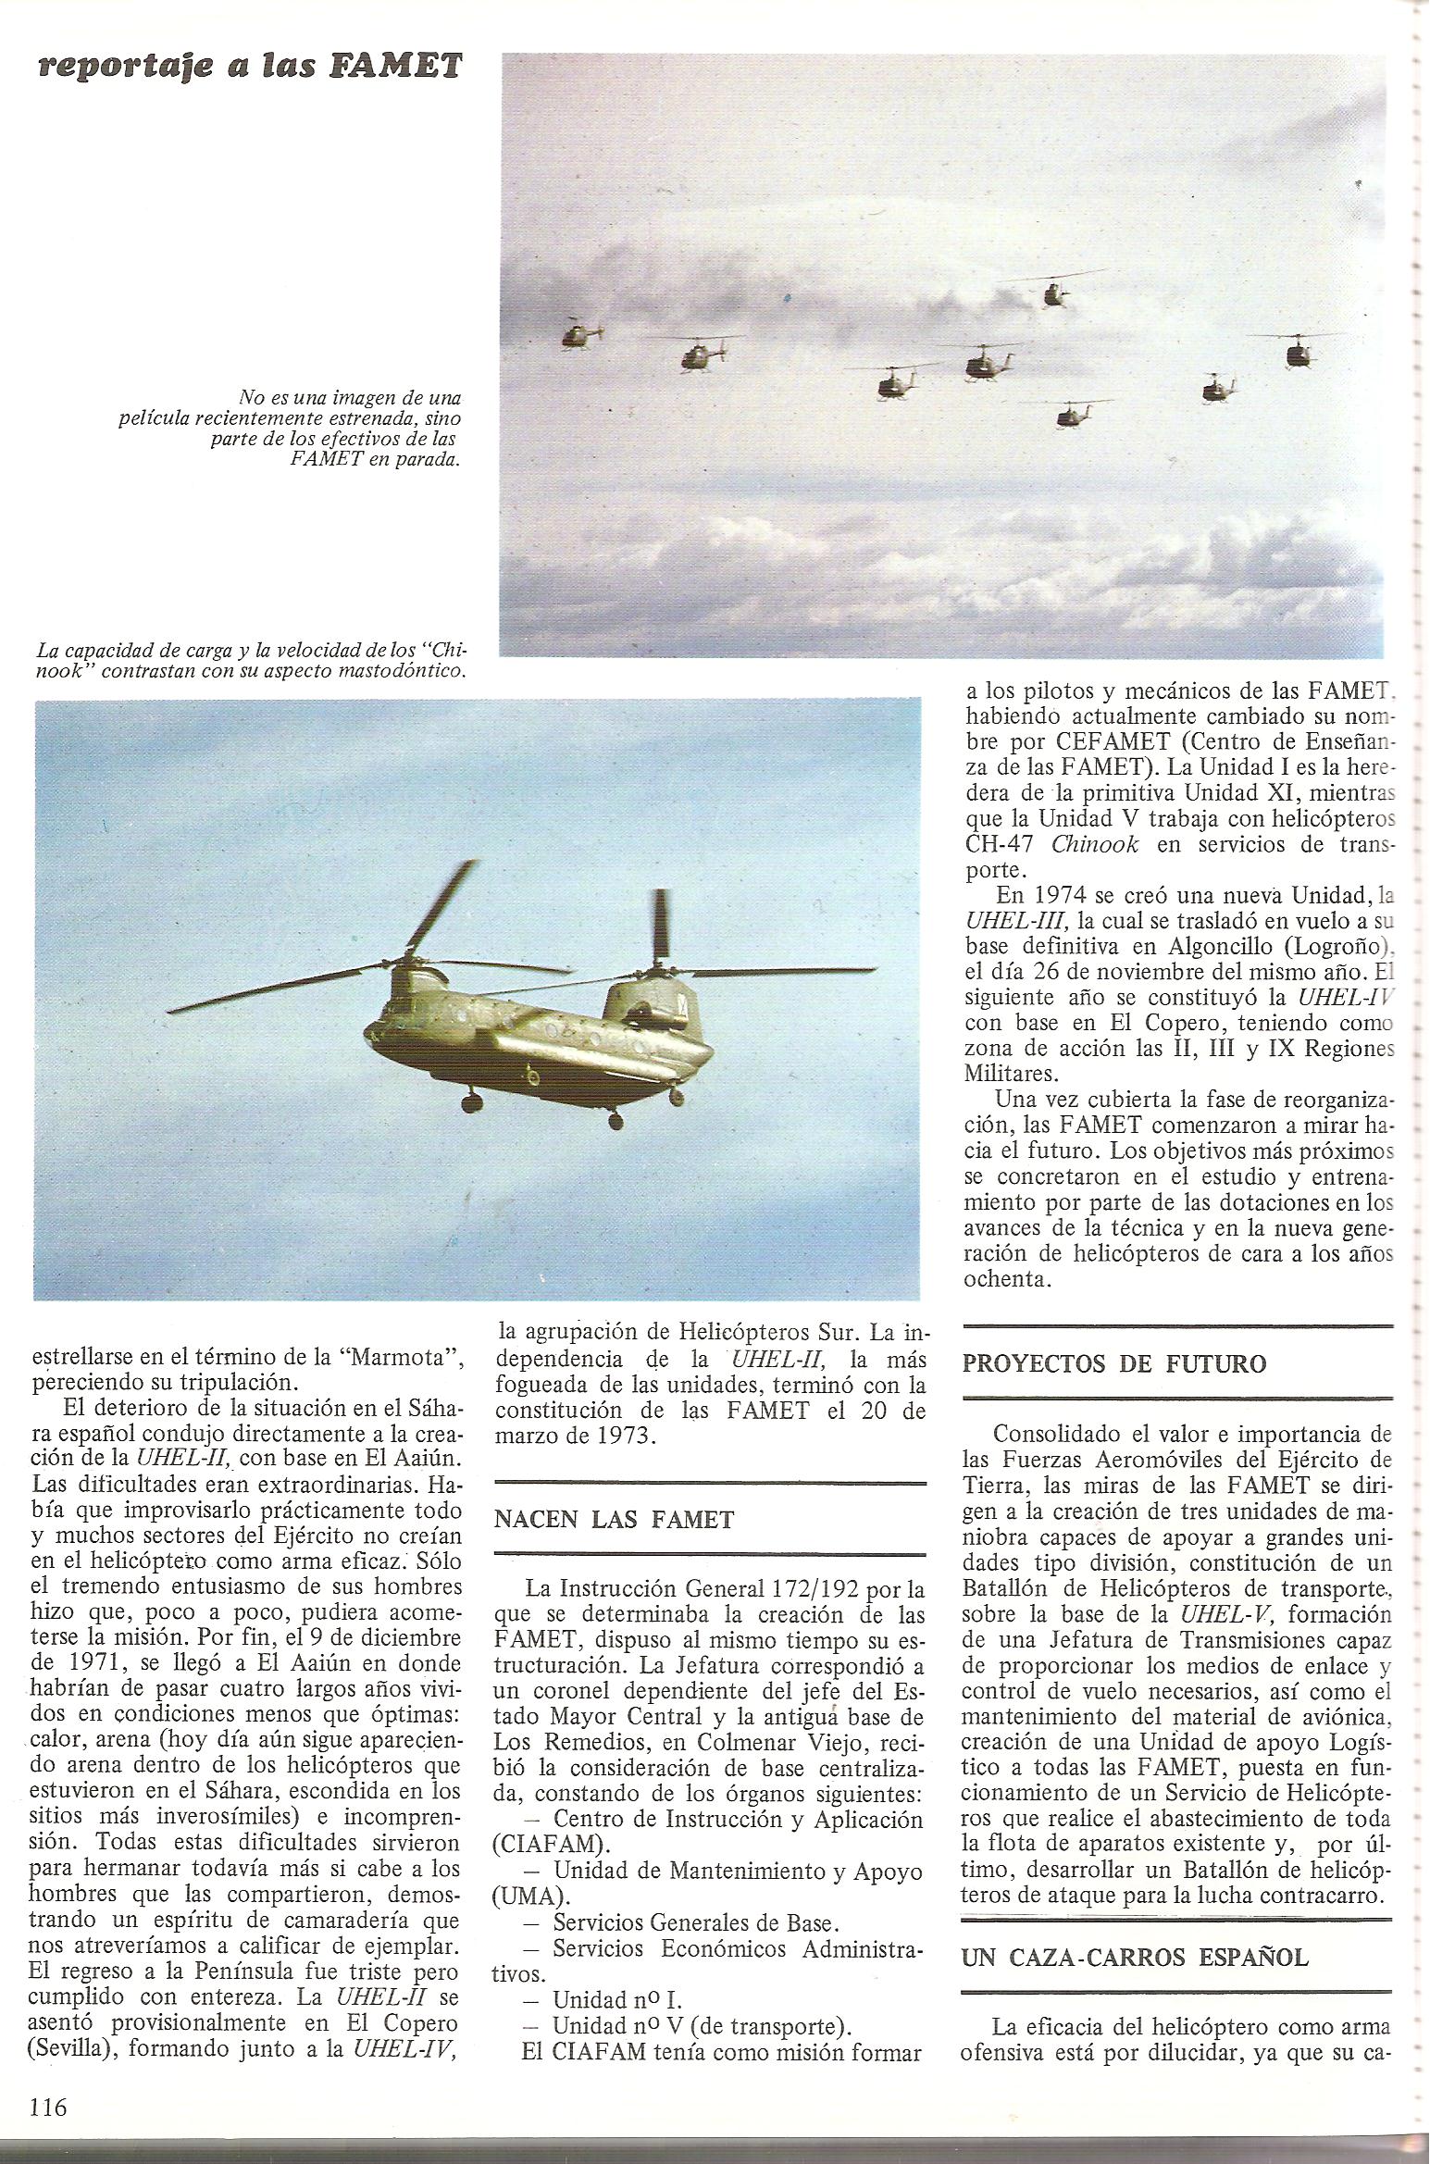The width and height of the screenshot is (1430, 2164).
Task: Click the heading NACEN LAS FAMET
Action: click(x=615, y=1520)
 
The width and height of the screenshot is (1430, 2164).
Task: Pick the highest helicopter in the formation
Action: click(x=1053, y=293)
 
